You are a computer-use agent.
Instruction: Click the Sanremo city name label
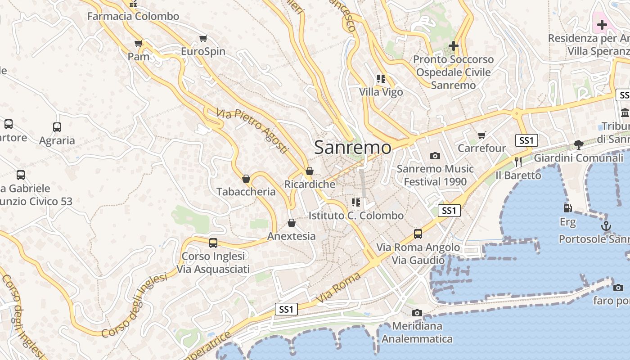point(353,148)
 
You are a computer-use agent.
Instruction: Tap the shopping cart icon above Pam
point(139,44)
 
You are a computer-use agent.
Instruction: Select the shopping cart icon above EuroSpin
point(203,39)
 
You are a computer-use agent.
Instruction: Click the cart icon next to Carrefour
point(482,135)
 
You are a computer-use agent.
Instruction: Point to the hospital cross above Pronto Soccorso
point(454,46)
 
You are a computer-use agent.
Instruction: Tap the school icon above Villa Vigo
point(381,79)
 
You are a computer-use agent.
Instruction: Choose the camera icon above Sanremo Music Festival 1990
point(435,156)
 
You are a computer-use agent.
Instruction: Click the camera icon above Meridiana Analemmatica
point(417,313)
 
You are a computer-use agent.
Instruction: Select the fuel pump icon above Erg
point(567,208)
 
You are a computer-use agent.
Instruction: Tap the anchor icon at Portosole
point(606,226)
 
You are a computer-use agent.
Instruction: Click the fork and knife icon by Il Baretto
point(518,162)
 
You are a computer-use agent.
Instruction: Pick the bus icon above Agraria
point(57,127)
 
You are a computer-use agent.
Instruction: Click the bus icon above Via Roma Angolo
point(418,234)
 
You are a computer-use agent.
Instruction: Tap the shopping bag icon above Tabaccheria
point(246,179)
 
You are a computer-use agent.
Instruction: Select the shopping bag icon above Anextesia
point(292,223)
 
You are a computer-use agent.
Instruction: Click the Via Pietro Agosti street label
point(252,130)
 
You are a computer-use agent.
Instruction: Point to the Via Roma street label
point(338,288)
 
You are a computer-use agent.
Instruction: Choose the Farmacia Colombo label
point(133,17)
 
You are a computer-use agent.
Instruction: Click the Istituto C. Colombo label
point(356,216)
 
